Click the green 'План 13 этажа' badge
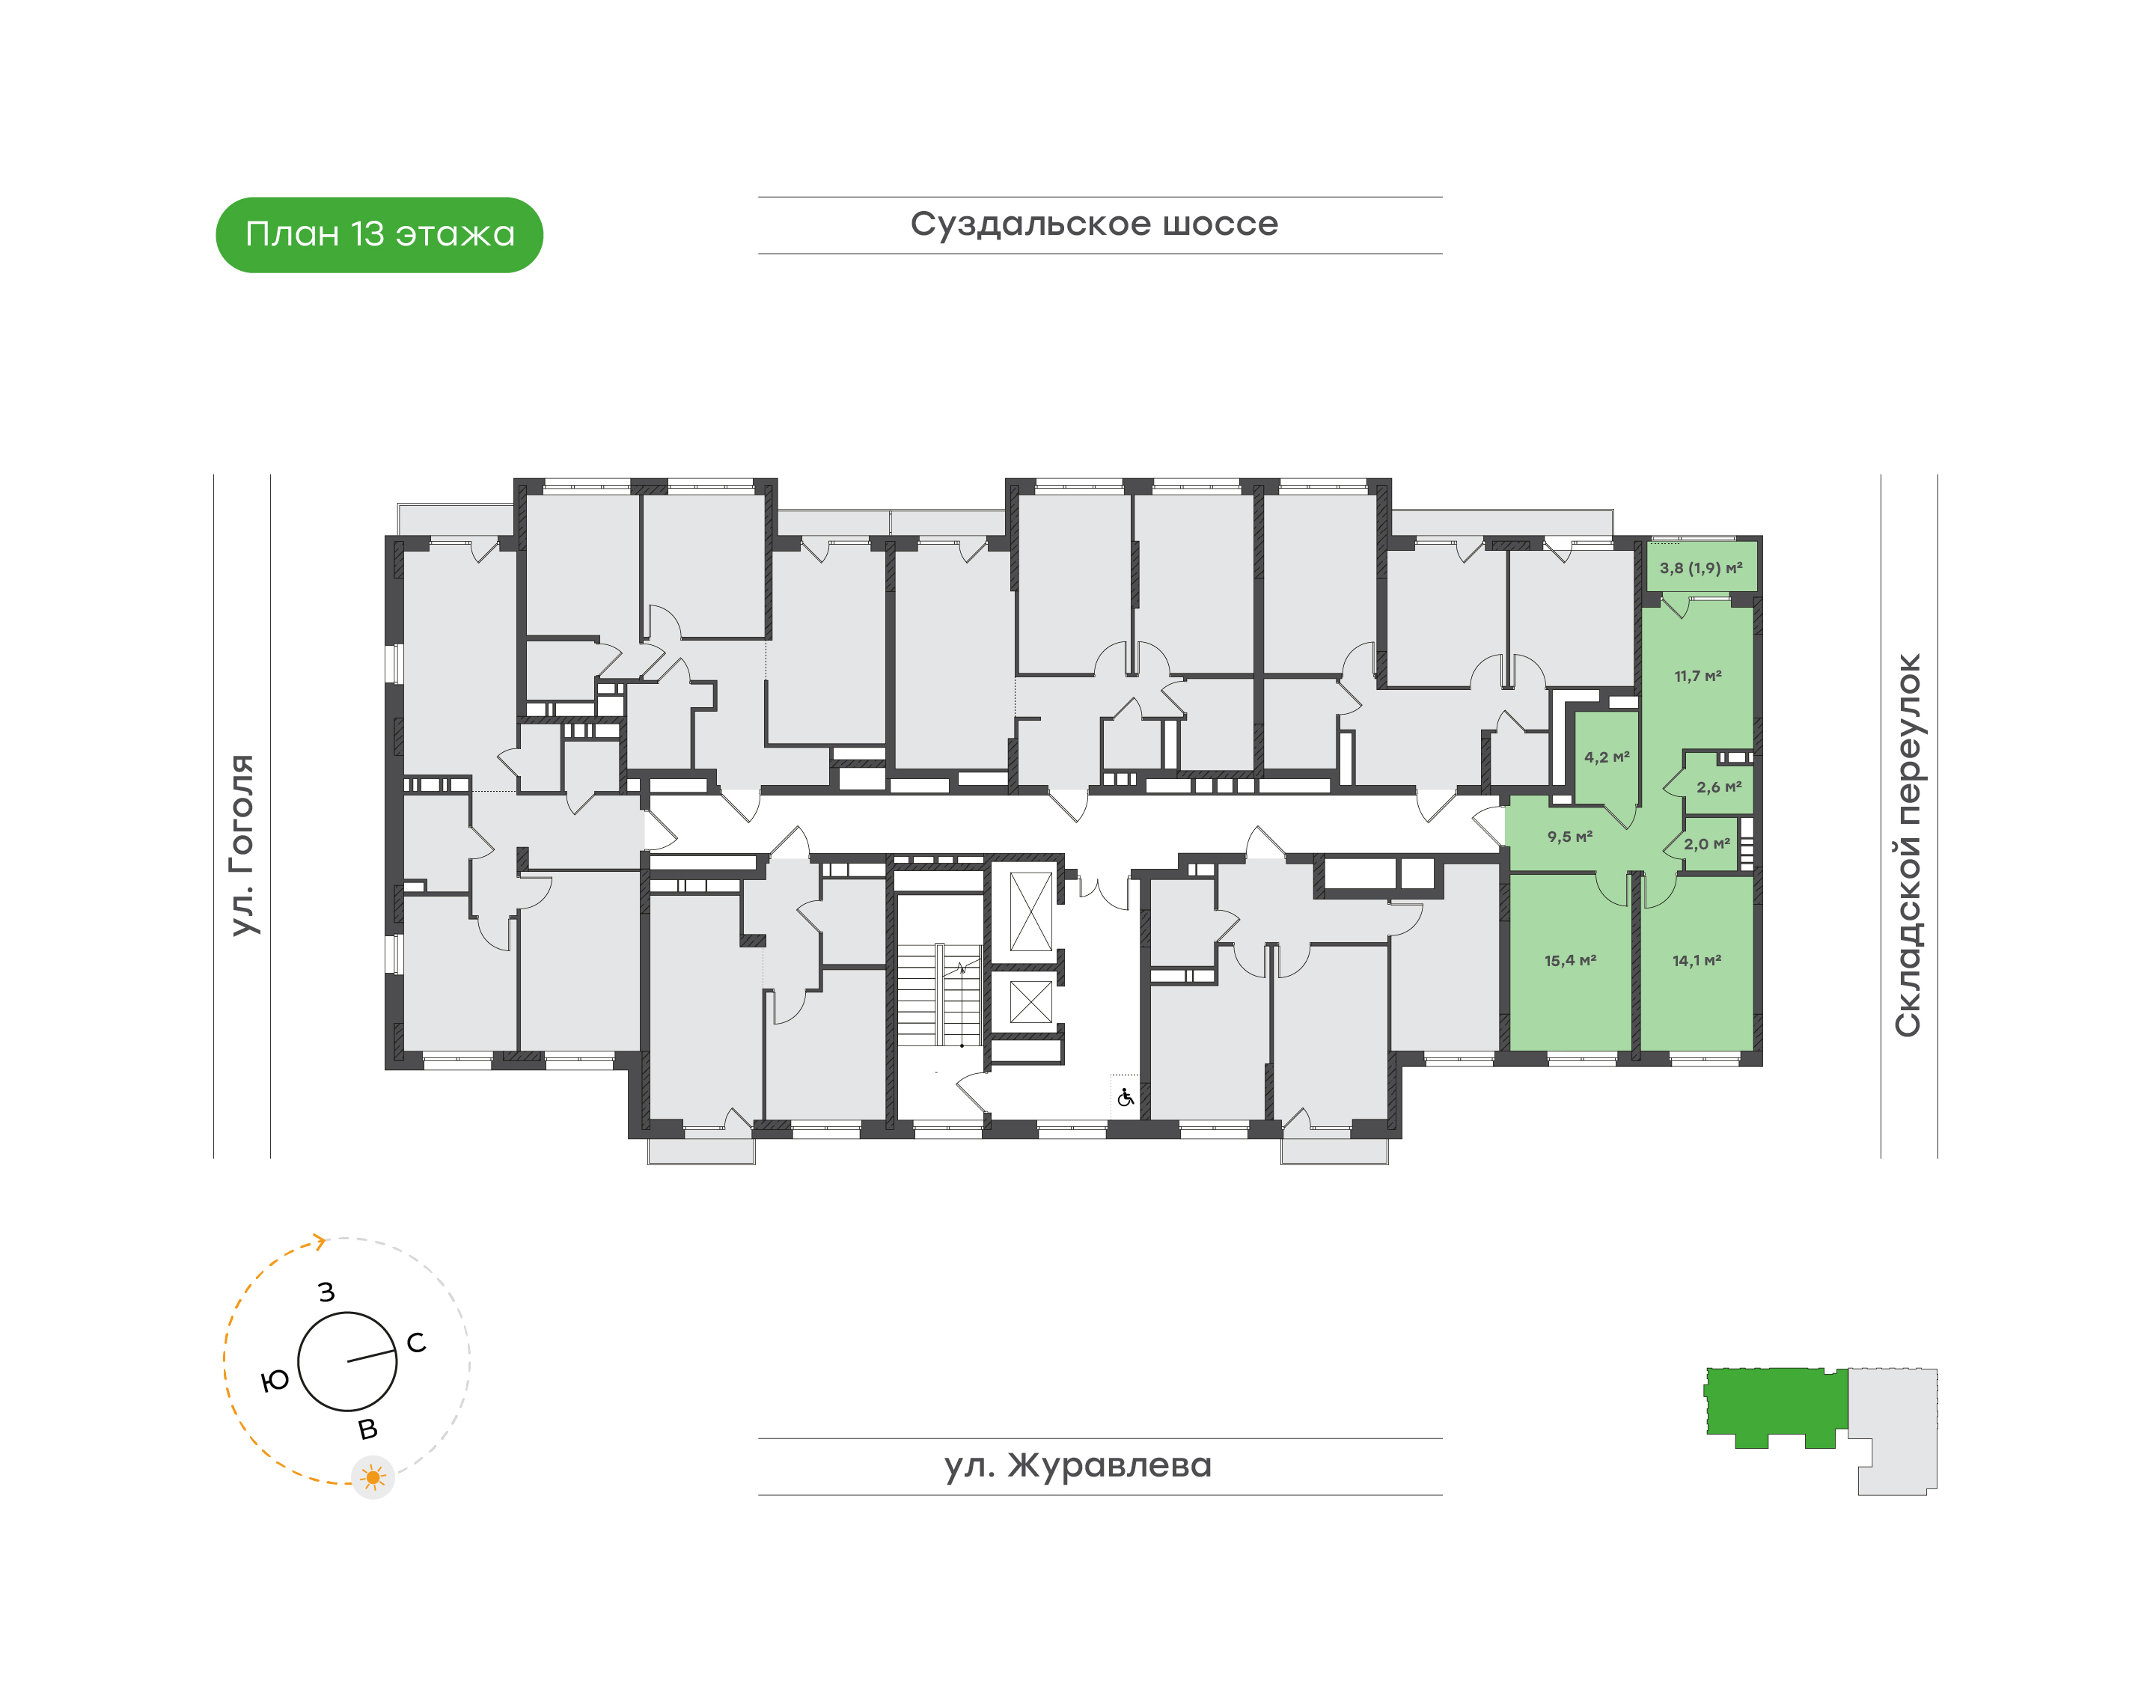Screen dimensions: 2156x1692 [x=379, y=235]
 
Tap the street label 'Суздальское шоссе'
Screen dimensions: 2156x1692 [x=1094, y=224]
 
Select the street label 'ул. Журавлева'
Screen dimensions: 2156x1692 [x=1078, y=1465]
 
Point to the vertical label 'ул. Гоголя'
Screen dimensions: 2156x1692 [x=242, y=845]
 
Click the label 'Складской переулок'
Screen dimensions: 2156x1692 [x=1908, y=846]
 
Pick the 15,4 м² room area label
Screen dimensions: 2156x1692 [x=1571, y=961]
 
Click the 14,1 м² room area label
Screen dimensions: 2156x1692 [x=1697, y=961]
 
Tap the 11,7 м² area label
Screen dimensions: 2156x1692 [x=1698, y=677]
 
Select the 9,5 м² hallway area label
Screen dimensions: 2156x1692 [x=1571, y=837]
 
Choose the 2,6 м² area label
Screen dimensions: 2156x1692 [x=1719, y=787]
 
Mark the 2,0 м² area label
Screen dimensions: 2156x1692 [x=1707, y=844]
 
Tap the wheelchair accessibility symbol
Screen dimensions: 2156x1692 [x=1125, y=1098]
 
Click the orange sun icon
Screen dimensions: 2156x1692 [x=373, y=1478]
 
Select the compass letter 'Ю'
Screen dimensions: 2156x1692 [x=275, y=1381]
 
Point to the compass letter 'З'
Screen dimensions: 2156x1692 [x=327, y=1292]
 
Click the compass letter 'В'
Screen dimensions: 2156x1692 [x=367, y=1429]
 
